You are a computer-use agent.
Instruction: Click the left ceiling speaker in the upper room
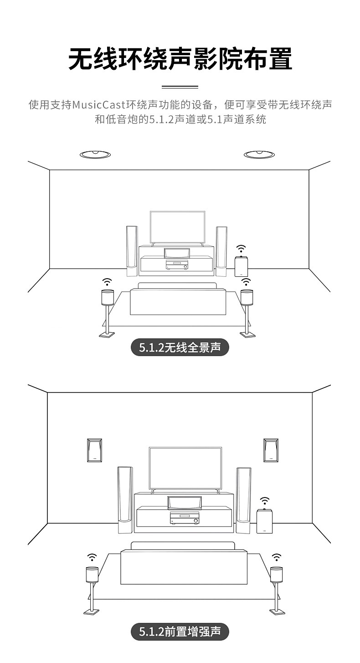coord(95,155)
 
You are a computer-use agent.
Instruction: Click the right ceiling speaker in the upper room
coord(259,155)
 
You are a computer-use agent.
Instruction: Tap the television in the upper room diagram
coord(177,227)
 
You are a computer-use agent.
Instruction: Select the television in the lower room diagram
coord(185,468)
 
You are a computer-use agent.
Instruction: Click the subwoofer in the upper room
coord(241,267)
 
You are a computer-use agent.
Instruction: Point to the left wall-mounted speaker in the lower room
coord(94,451)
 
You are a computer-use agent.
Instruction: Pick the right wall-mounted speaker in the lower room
coord(271,451)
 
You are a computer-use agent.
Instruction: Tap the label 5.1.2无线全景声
coord(180,348)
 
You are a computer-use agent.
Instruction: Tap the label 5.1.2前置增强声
coord(180,632)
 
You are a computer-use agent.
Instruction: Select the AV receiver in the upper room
coord(176,265)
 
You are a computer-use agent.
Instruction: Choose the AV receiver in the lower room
coord(184,518)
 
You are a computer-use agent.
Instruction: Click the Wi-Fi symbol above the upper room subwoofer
coord(241,249)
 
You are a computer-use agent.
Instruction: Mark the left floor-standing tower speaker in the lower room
coord(125,500)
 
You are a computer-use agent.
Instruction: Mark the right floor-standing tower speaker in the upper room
coord(221,251)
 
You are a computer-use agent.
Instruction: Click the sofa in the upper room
coord(177,301)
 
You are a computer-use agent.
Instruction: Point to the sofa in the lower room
coord(183,565)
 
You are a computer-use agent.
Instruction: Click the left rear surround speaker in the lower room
coord(92,575)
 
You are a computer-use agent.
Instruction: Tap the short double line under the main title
coord(180,87)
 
